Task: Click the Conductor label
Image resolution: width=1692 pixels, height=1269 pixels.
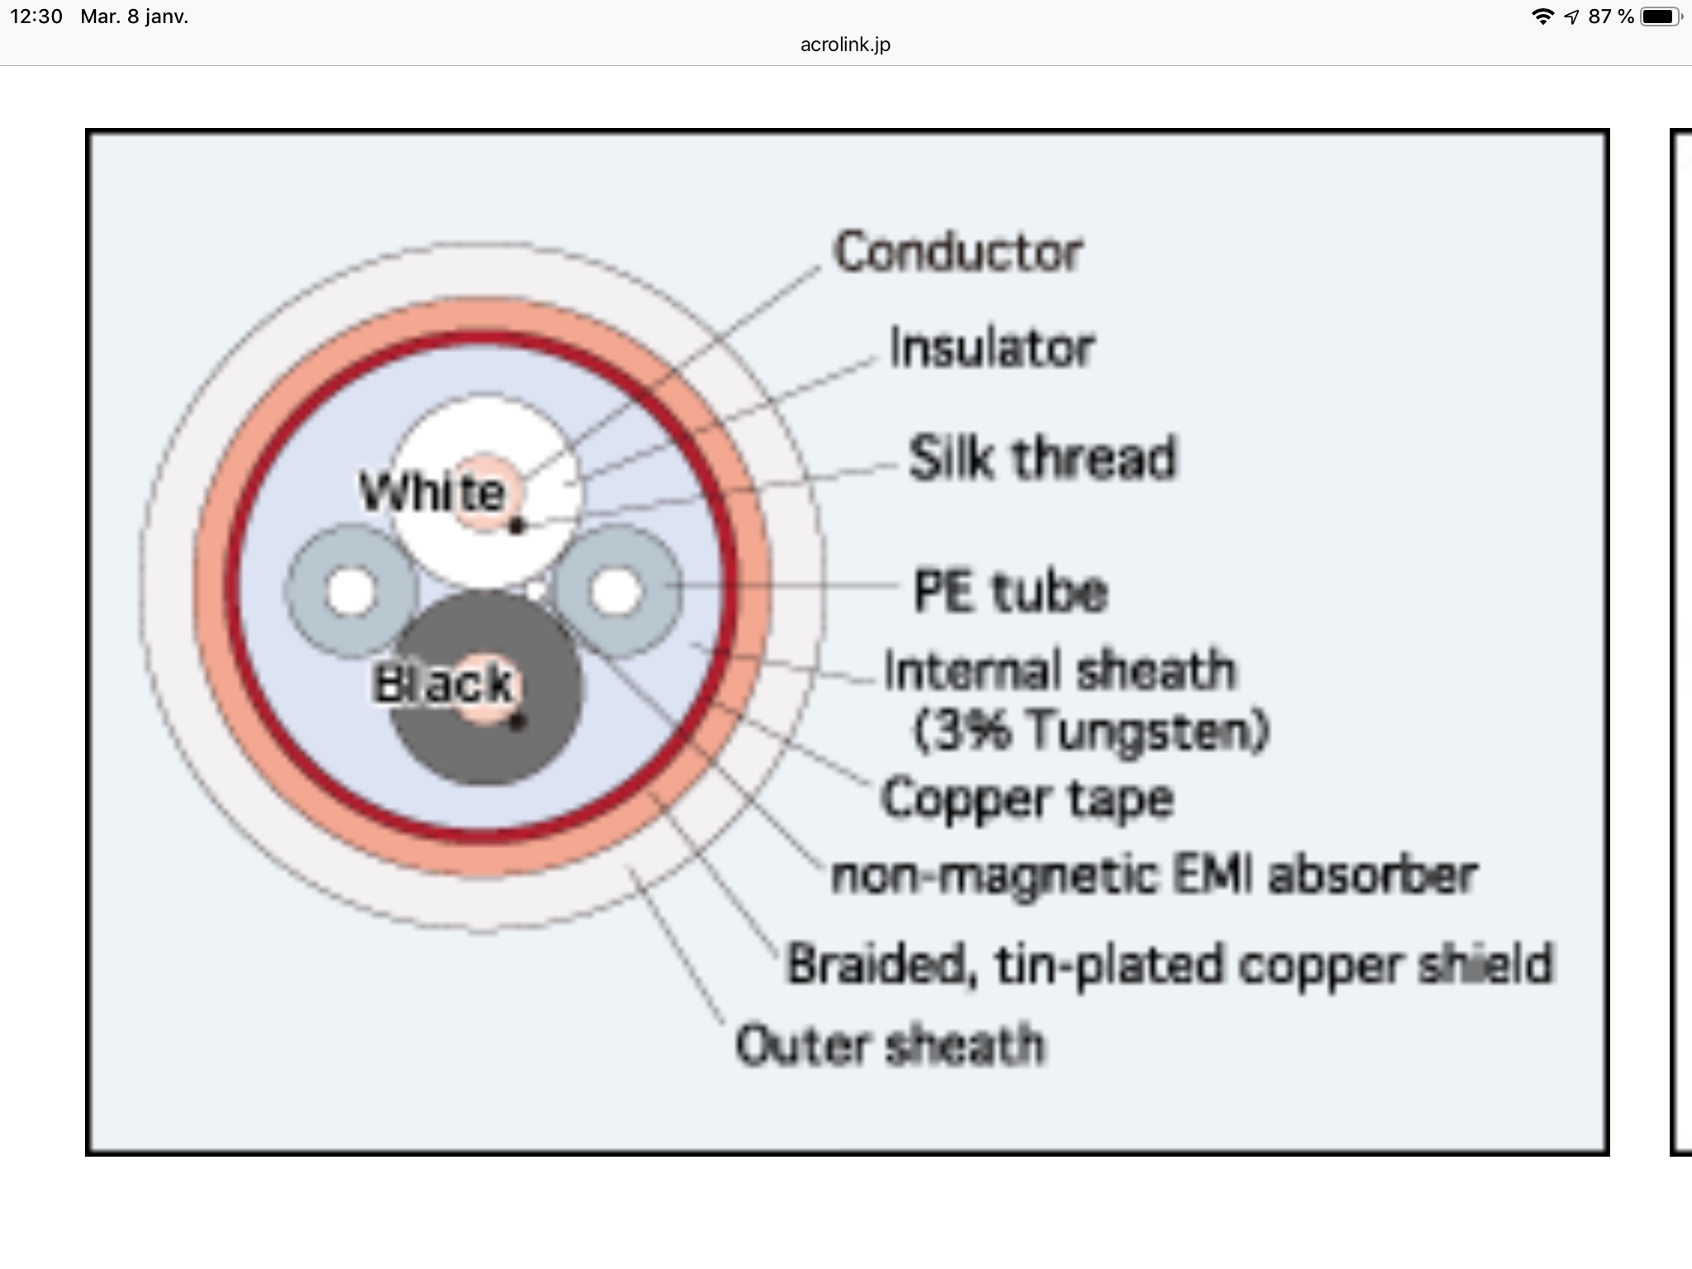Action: coord(958,252)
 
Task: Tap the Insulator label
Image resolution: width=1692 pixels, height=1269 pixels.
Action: coord(991,348)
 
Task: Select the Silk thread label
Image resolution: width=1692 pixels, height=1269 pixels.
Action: coord(1042,458)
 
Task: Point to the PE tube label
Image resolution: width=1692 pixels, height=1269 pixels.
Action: coord(1010,592)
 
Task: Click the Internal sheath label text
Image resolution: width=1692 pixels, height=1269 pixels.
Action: coord(1060,670)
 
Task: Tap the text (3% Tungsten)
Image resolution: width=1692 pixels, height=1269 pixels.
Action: coord(1091,731)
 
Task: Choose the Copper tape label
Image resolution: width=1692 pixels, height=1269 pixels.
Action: coord(1027,799)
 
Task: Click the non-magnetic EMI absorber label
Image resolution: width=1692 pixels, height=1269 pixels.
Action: coord(1153,876)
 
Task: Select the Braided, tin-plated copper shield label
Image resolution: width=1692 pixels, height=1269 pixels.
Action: coord(1169,964)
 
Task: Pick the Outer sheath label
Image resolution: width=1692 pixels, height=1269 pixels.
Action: coord(890,1045)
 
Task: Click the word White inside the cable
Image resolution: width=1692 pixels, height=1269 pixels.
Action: coord(431,492)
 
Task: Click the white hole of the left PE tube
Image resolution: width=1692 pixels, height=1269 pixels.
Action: coord(352,592)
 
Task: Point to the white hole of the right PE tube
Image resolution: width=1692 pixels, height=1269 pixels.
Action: coord(616,592)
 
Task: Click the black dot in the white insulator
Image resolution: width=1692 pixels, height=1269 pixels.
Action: coord(517,525)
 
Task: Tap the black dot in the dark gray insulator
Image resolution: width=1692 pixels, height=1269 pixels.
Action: coord(517,723)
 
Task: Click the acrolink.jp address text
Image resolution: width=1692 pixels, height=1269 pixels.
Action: coord(845,45)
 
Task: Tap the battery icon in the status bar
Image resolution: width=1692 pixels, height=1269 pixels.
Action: coord(1661,17)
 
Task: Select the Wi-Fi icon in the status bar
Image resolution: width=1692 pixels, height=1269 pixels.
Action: coord(1542,17)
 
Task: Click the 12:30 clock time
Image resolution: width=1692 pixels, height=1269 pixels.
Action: coord(36,17)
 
